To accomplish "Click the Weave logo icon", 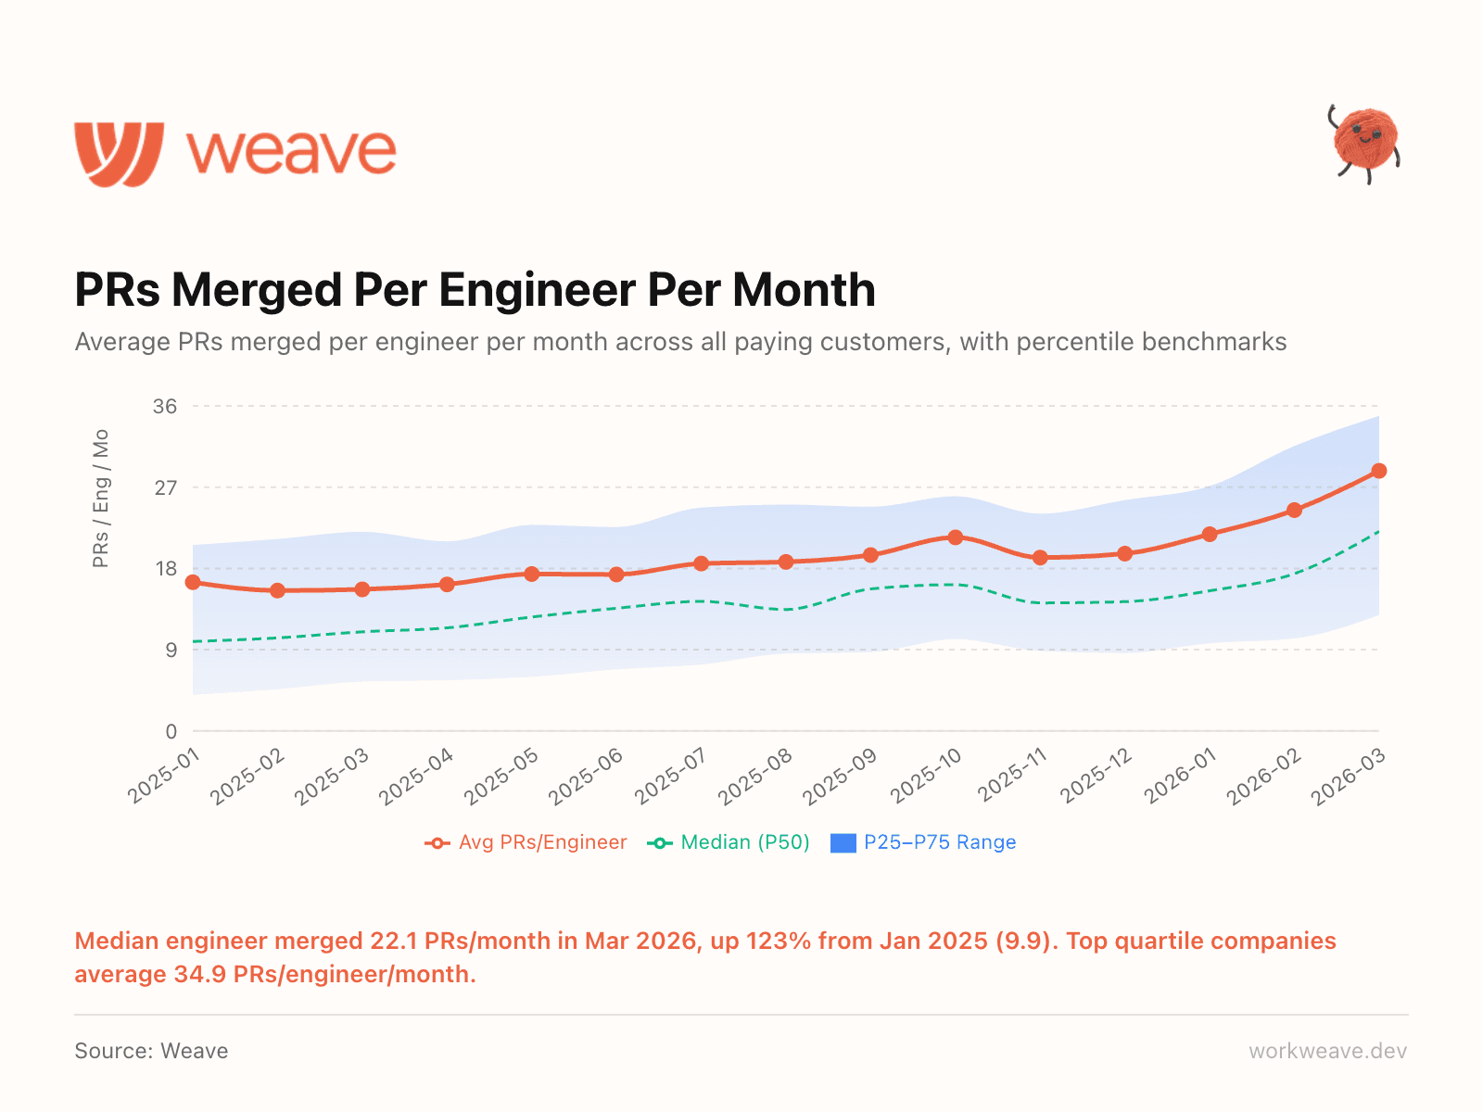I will coord(120,154).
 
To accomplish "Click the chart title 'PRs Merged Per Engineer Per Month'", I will coord(475,290).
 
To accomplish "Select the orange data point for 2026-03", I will coord(1379,471).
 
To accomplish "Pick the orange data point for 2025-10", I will coord(956,537).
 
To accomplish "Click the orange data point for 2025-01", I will coord(193,582).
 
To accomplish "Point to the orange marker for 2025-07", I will coord(702,563).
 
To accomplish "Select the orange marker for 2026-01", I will coord(1210,534).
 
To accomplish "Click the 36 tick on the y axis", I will coord(165,407).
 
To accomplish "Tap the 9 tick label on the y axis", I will coord(171,651).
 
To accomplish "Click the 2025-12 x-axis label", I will coord(1096,777).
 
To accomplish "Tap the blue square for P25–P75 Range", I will coord(843,843).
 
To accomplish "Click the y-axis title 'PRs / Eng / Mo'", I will coord(101,499).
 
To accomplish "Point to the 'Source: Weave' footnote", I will coord(151,1051).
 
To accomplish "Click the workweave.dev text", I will coord(1327,1051).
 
